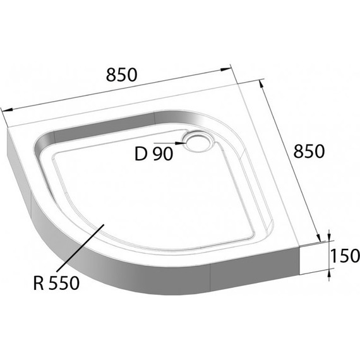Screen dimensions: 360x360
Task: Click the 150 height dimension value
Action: [344, 256]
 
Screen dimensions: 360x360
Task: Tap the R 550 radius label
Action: [56, 284]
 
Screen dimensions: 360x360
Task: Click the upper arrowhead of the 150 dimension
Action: [328, 237]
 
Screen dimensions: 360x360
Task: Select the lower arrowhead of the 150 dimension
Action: [328, 273]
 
